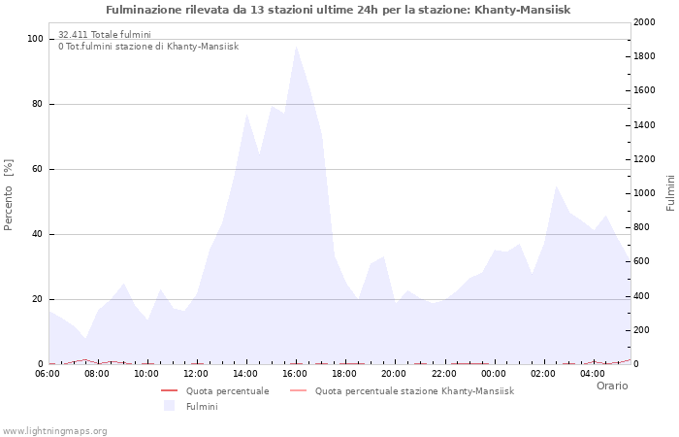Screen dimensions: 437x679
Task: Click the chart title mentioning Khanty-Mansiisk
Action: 339,10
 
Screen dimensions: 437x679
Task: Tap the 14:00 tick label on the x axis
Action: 246,374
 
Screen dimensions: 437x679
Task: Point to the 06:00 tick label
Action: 48,374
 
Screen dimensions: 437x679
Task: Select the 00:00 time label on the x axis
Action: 494,374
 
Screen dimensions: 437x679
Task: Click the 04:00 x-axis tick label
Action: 593,374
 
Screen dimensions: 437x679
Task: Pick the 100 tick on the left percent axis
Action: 35,39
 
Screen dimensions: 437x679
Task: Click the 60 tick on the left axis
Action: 37,169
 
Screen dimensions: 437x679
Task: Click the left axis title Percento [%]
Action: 10,194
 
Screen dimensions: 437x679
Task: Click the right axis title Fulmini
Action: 670,193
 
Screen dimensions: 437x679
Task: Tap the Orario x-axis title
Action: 611,386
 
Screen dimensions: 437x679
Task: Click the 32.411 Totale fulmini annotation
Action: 104,34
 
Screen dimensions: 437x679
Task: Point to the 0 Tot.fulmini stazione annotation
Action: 147,46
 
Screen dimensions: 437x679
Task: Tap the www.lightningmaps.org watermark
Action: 54,430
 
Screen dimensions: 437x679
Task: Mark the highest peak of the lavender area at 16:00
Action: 296,47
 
